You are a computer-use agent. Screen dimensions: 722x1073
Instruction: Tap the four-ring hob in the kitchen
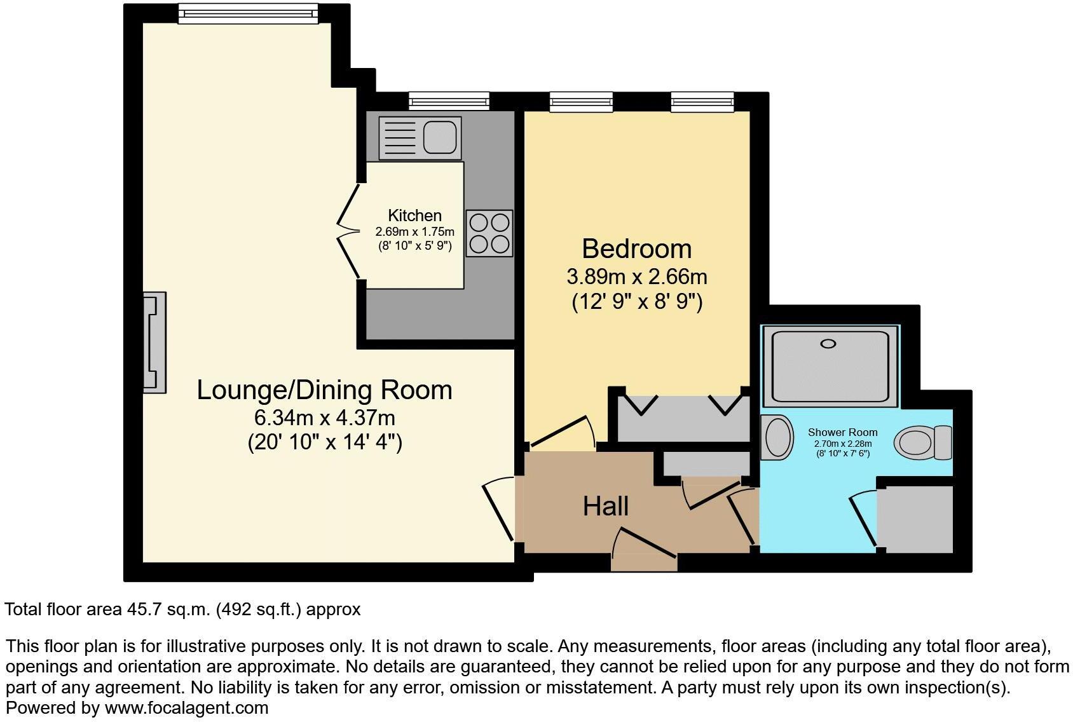coord(489,233)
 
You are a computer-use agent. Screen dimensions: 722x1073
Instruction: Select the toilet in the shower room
coord(922,442)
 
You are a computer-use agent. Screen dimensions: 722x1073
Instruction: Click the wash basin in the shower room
coord(777,438)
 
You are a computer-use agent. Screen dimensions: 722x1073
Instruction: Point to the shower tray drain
coord(828,344)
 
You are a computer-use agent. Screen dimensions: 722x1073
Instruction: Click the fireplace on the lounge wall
coord(154,342)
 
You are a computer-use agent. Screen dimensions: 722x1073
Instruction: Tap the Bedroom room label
coord(636,249)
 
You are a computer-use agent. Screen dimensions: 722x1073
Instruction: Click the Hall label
coord(606,507)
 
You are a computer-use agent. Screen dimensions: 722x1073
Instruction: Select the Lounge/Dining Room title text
coord(324,390)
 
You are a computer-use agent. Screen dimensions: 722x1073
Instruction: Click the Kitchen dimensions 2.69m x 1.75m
coord(414,232)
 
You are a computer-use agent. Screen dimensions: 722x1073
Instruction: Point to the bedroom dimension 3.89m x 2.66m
coord(636,277)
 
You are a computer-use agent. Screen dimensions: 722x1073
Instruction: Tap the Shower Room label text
coord(842,432)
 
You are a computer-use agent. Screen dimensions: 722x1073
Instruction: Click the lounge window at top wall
coord(247,13)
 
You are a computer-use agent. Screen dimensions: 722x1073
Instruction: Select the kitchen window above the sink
coord(449,100)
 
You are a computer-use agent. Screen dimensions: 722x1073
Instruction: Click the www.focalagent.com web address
coord(186,708)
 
